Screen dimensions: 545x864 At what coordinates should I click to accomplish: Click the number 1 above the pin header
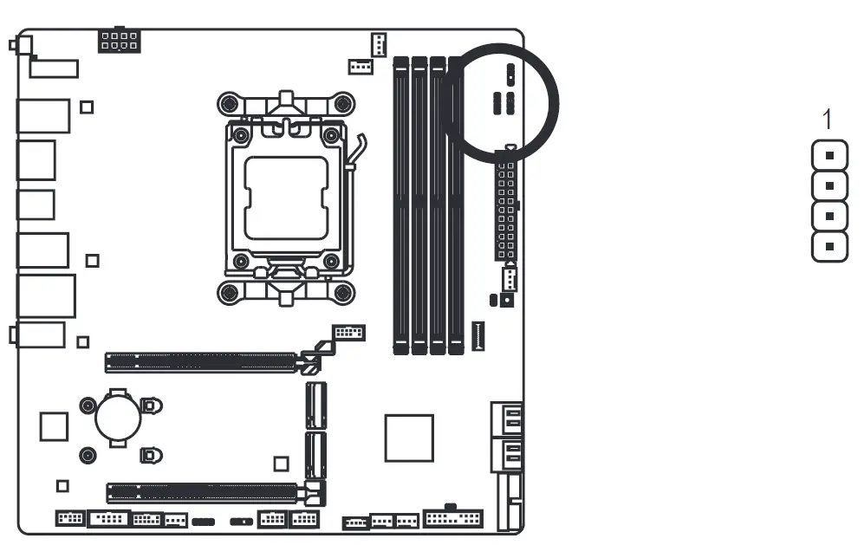coord(828,120)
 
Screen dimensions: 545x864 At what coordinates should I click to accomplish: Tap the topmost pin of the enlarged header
coord(829,157)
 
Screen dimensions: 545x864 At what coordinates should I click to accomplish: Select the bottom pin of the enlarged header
coord(829,246)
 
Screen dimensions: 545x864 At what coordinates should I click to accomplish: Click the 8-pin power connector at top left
coord(120,41)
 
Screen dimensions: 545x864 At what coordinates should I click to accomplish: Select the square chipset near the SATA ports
coord(409,438)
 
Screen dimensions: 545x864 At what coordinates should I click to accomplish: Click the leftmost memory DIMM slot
coord(401,206)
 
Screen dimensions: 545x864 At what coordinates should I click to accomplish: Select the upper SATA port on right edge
coord(510,419)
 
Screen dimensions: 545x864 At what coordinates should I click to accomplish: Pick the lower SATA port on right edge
coord(510,453)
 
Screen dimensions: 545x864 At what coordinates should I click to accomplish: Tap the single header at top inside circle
coord(510,71)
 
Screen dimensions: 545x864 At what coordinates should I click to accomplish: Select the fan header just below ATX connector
coord(510,279)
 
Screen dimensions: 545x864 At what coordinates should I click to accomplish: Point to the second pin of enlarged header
coord(829,186)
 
